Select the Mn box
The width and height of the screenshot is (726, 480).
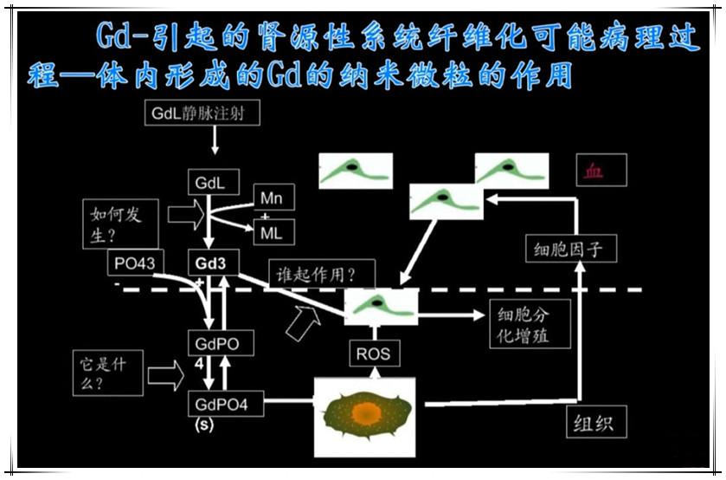[272, 198]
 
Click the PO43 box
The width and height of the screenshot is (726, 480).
[133, 263]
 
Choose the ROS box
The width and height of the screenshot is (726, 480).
[373, 353]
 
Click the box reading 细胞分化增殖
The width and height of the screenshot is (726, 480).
[530, 324]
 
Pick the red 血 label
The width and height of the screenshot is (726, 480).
[593, 170]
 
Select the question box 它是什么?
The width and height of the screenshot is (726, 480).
[107, 373]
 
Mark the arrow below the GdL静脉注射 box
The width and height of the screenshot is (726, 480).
[215, 142]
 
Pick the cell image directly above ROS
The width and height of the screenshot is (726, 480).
[381, 306]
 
